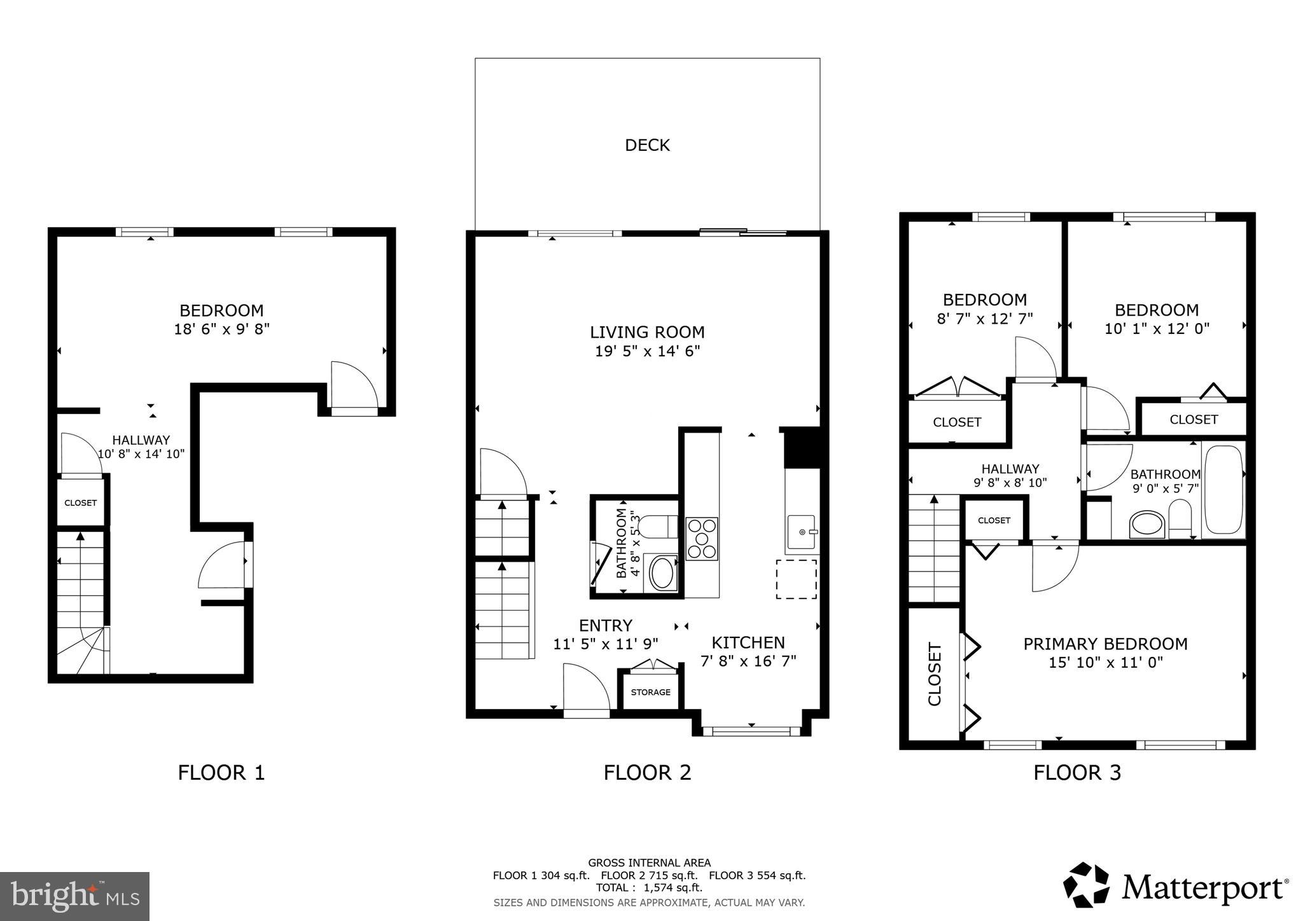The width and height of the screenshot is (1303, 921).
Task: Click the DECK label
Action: (647, 145)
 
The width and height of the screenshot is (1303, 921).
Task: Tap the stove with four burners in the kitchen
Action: (702, 538)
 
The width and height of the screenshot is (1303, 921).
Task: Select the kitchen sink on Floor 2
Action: (801, 532)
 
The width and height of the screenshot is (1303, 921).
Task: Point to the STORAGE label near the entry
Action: (650, 692)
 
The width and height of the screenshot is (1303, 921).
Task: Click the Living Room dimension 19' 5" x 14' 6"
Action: (647, 351)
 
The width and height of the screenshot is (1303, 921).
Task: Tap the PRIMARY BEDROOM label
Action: (1105, 644)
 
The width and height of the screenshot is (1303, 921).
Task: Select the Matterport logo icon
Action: (1086, 885)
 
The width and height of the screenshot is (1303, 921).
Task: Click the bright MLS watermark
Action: (74, 896)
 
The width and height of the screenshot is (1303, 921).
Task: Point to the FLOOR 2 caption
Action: (647, 772)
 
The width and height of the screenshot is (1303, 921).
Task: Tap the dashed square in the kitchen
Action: (796, 579)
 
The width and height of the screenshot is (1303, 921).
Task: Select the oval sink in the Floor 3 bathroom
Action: (1146, 525)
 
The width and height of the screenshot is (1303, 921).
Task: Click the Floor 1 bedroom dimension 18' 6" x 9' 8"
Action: (221, 329)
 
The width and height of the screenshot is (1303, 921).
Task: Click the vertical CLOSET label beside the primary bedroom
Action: (934, 674)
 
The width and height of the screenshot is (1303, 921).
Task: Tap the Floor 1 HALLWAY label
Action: (141, 440)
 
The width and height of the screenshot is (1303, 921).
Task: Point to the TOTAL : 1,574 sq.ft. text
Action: (648, 887)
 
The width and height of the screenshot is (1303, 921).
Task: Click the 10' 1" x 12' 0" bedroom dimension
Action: (1157, 328)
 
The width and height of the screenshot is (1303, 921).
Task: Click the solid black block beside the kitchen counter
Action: (802, 449)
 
